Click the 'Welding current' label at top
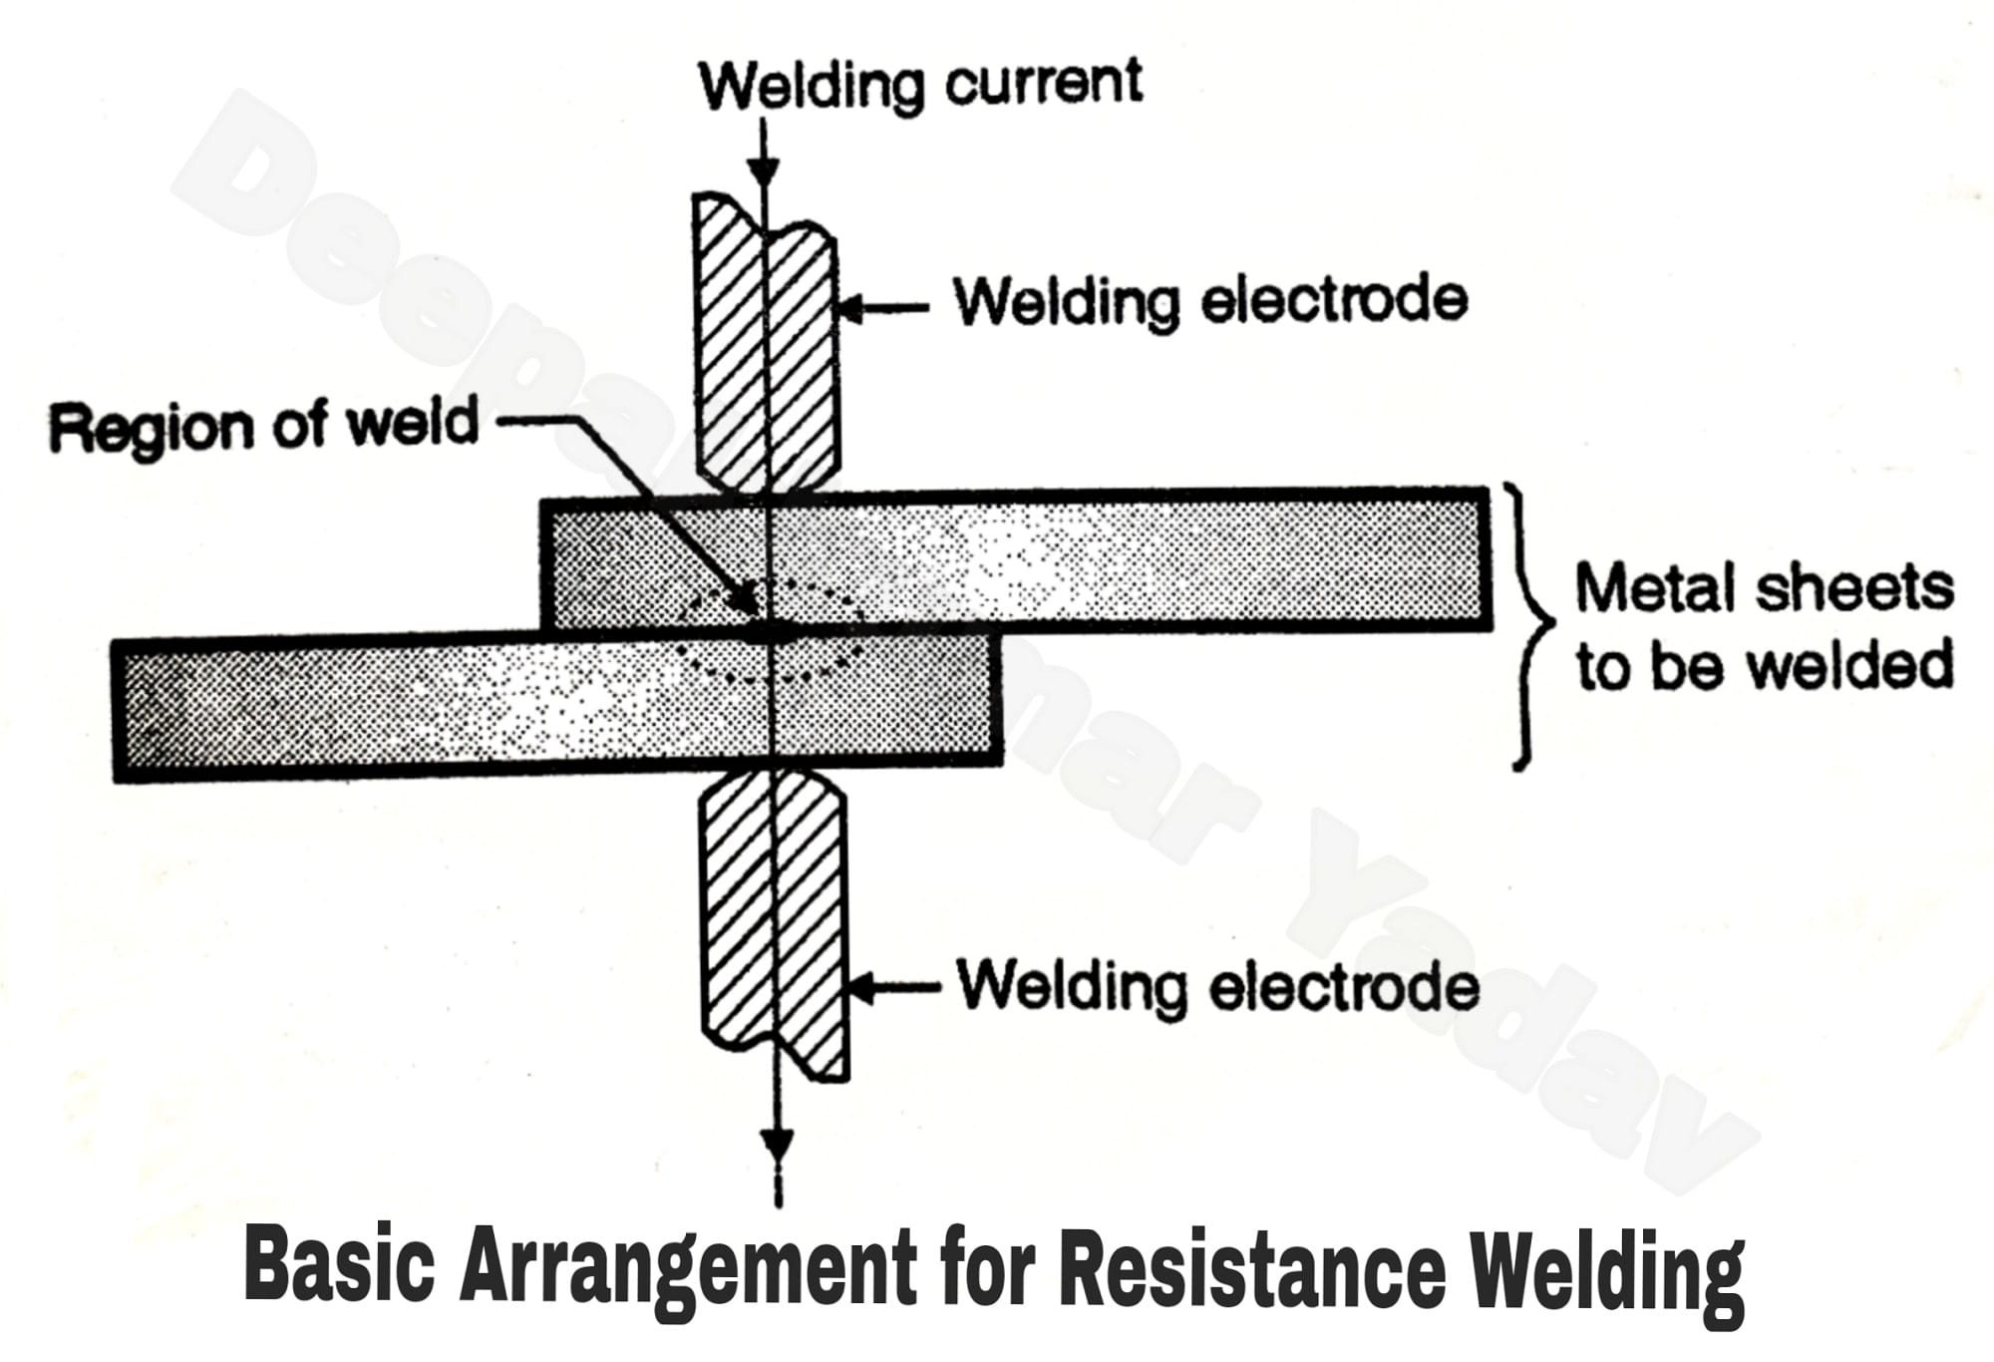click(919, 84)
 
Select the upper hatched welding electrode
click(764, 339)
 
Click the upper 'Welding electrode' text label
click(1209, 301)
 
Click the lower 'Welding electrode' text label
click(1217, 987)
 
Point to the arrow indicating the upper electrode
click(882, 308)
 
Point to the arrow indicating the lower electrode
click(892, 989)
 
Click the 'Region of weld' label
click(264, 426)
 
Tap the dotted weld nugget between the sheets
click(770, 630)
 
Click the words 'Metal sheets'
click(1763, 588)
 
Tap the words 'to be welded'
click(1763, 666)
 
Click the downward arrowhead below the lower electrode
click(777, 1144)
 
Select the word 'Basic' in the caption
click(340, 1266)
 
